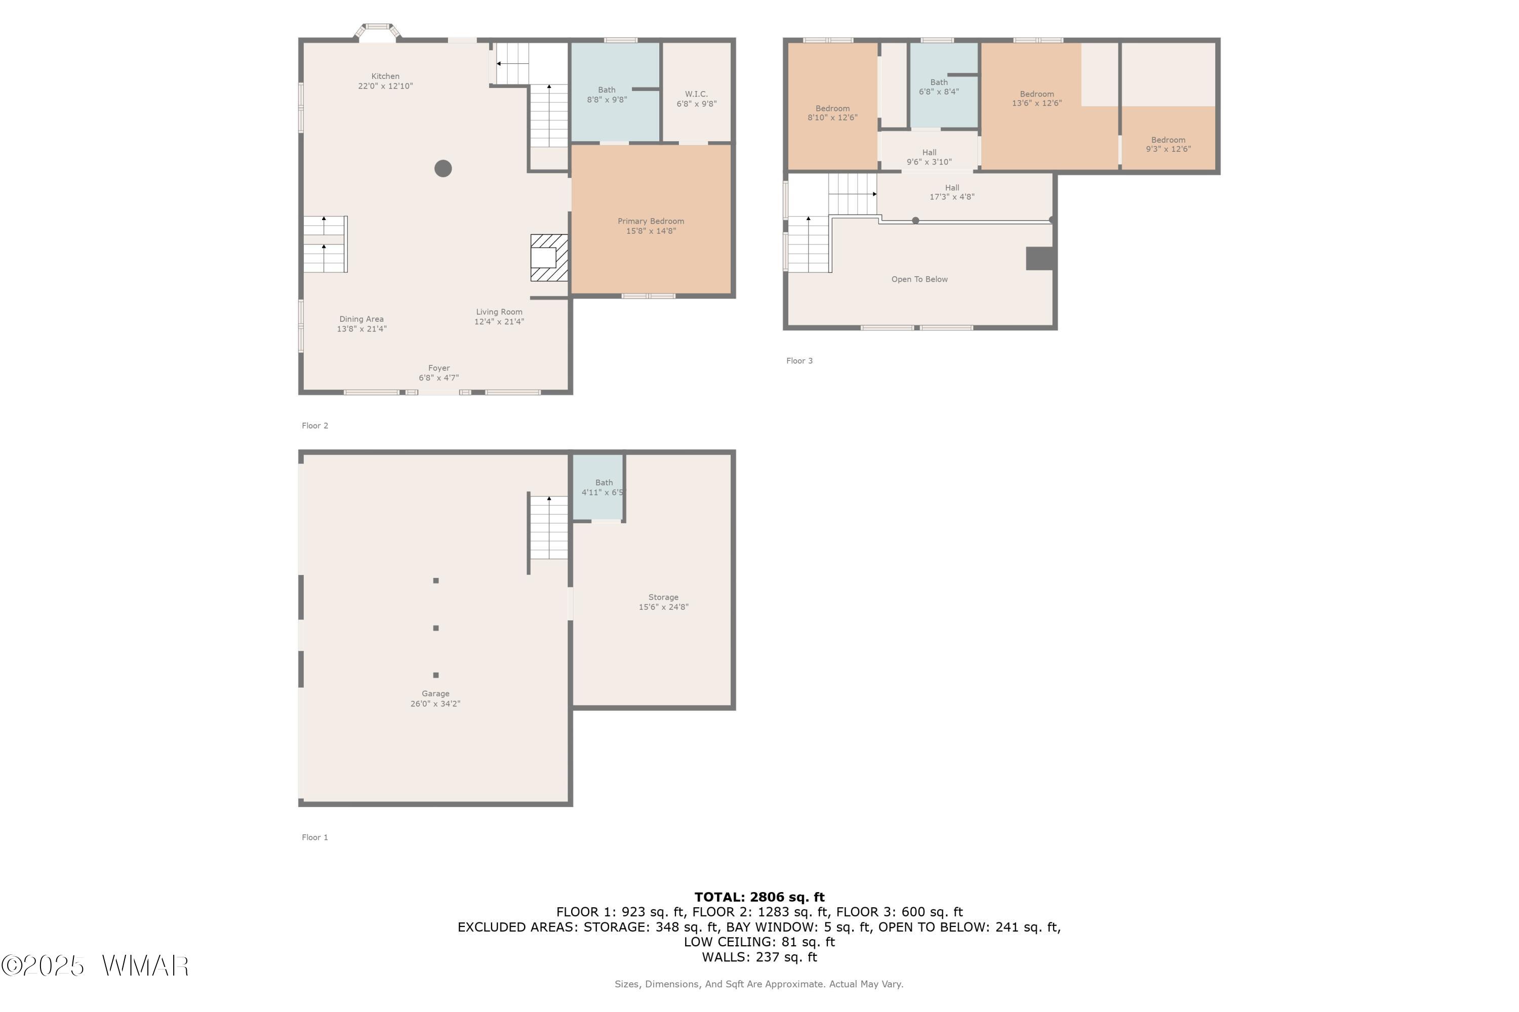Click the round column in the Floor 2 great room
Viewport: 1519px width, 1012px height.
443,168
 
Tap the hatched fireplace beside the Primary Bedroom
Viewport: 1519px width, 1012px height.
549,258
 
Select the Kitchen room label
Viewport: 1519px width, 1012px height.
385,80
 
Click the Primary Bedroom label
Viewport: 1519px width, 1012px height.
651,226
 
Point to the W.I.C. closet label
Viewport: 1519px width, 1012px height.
697,99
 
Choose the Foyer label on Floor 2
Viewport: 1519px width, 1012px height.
439,373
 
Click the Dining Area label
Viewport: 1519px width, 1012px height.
362,324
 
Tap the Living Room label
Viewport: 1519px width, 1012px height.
499,317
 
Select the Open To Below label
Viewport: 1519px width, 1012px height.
920,279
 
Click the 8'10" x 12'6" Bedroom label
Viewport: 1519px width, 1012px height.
832,113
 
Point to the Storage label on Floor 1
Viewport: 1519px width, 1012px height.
664,602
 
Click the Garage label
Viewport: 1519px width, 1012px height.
435,699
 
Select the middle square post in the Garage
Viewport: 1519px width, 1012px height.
436,628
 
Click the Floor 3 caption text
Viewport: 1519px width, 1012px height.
800,361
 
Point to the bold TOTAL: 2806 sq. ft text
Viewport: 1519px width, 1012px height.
759,897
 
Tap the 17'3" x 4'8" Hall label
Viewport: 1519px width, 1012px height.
952,192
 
